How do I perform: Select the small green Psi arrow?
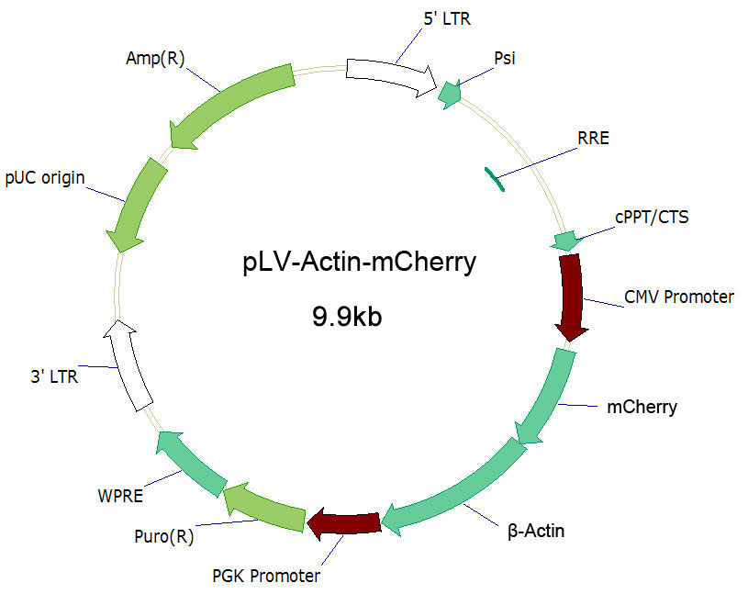[x=450, y=94]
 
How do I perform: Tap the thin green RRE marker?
[x=495, y=179]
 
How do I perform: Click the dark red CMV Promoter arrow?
[x=572, y=296]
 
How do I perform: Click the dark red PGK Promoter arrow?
[x=344, y=523]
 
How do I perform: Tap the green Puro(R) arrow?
[x=265, y=507]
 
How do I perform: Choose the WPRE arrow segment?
[x=190, y=462]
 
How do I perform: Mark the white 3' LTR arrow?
[x=127, y=365]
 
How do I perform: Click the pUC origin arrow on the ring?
[x=137, y=204]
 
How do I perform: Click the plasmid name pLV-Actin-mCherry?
[x=359, y=263]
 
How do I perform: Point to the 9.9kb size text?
[x=347, y=317]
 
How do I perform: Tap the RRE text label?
[x=594, y=139]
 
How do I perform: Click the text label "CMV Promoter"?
[x=679, y=297]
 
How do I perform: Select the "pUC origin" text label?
[x=45, y=178]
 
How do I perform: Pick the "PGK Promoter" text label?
[x=266, y=576]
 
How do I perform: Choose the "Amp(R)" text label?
[x=155, y=58]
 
